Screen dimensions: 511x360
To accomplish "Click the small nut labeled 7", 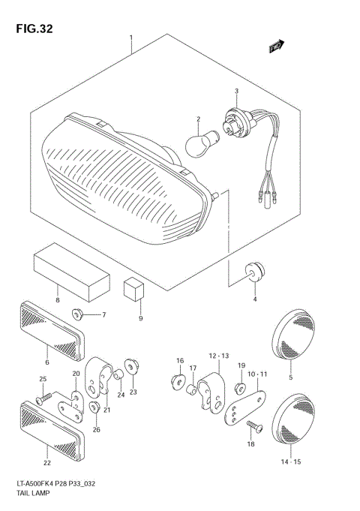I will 77,313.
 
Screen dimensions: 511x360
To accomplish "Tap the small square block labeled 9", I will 135,287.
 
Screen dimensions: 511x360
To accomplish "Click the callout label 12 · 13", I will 218,355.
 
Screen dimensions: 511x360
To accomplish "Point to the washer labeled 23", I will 133,366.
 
